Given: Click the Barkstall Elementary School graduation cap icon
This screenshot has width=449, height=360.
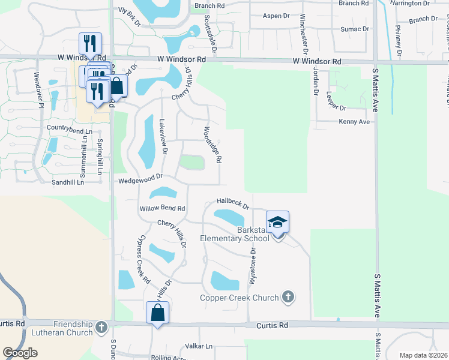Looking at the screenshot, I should (277, 223).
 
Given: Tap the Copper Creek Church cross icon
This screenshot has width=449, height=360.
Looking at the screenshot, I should (288, 297).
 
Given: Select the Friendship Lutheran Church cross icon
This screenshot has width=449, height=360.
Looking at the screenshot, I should (101, 328).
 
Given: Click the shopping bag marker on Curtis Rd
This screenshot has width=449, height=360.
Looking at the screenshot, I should (157, 313).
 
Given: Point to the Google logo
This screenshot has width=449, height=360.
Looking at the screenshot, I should (20, 353).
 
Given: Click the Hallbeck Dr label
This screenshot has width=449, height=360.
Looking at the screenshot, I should (233, 204).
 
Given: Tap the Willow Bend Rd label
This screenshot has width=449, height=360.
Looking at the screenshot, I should (161, 209).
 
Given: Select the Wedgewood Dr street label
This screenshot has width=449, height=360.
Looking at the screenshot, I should (141, 178).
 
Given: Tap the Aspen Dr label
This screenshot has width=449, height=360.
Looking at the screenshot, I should (276, 16).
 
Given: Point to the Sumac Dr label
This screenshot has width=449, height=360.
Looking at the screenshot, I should (355, 29).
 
